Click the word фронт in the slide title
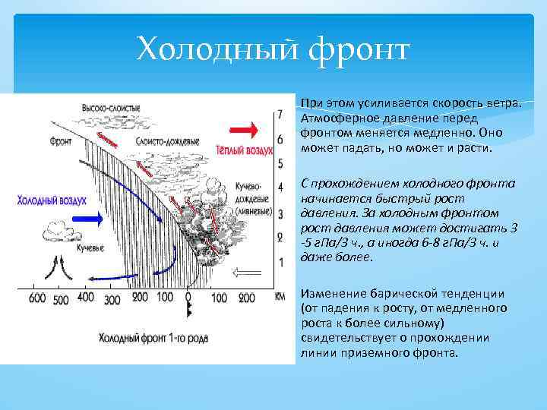point(359,51)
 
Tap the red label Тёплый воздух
point(243,150)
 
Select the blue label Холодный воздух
point(51,199)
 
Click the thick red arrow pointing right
point(242,129)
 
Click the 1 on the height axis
point(280,262)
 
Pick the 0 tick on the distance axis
point(188,298)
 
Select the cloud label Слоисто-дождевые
point(168,142)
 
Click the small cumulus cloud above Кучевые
point(59,227)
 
